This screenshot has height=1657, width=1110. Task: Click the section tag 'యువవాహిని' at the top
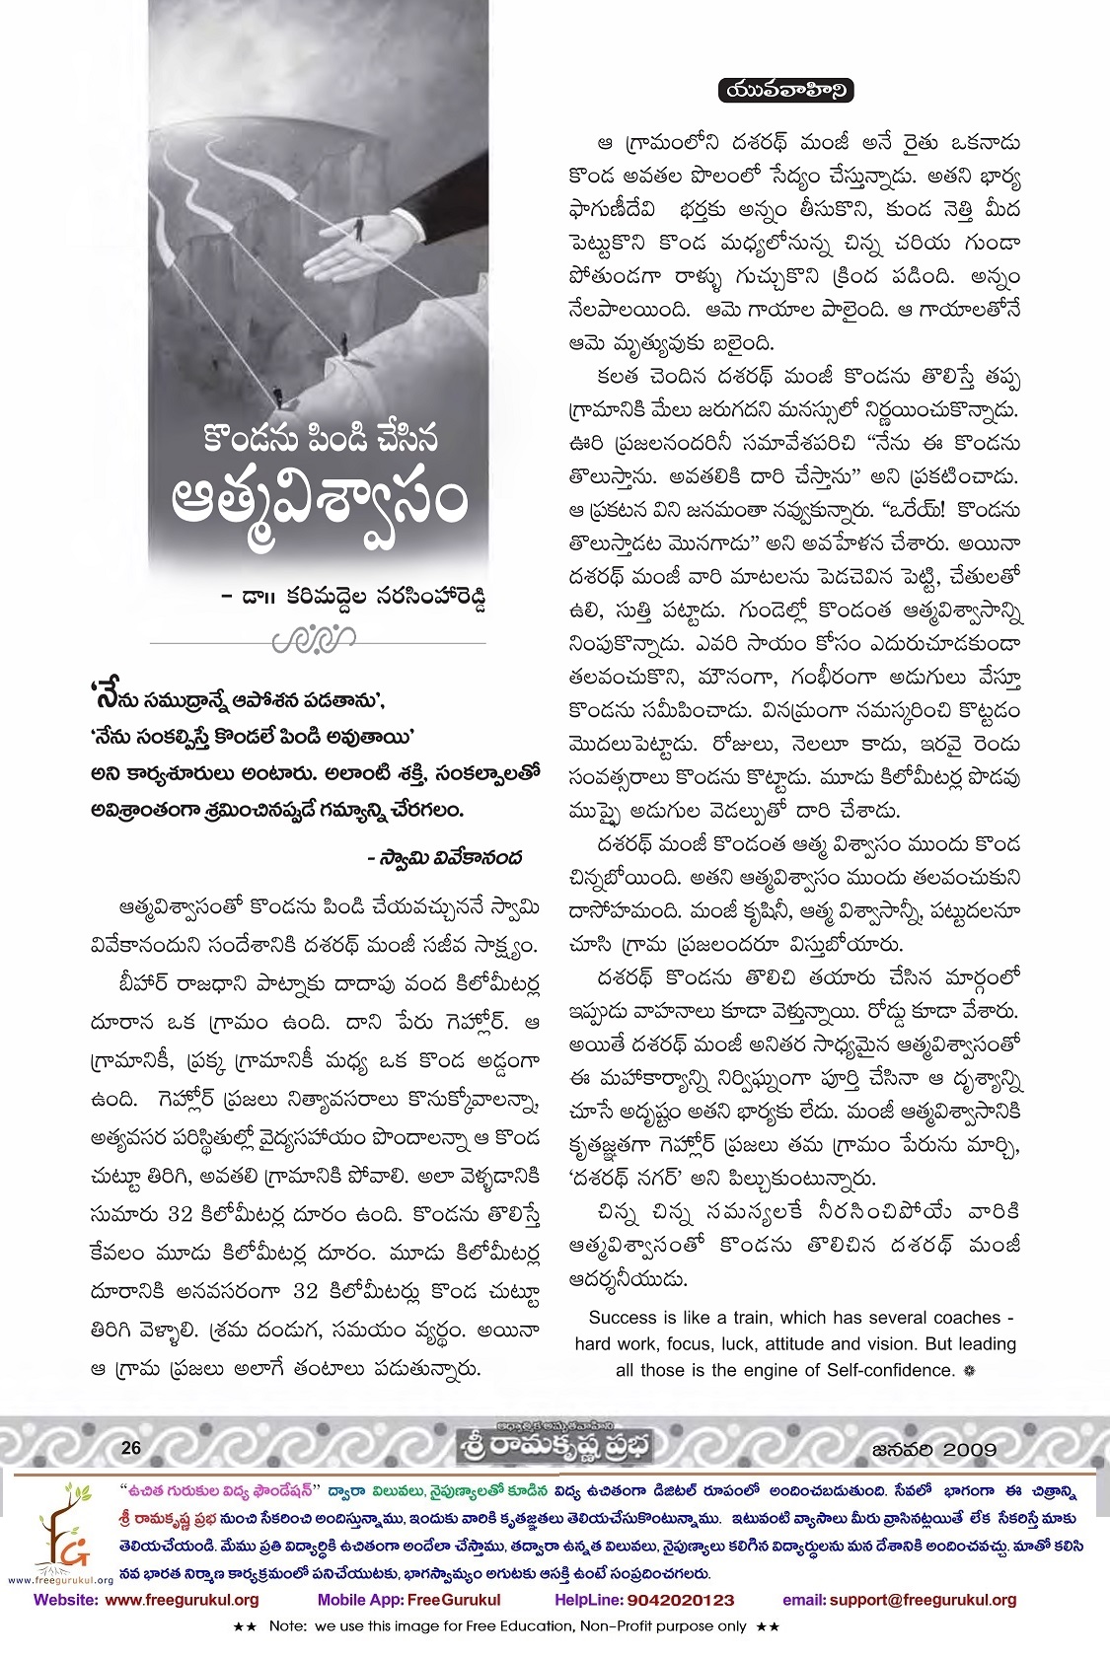pos(786,91)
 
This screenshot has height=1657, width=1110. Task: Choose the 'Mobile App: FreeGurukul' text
pos(408,1600)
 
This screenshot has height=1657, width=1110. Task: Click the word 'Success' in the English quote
pos(622,1318)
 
